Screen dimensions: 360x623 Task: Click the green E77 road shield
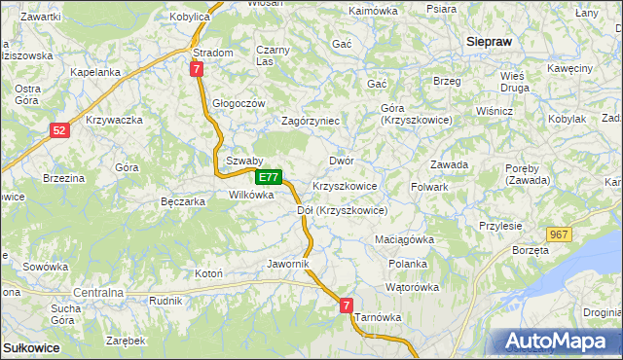click(x=270, y=178)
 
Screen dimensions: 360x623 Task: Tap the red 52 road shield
click(x=60, y=129)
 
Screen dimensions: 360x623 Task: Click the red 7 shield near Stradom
click(x=197, y=69)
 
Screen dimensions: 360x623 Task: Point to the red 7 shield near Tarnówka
click(x=348, y=306)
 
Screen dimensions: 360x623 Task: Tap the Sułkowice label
click(x=31, y=347)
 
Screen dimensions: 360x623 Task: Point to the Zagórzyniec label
click(x=310, y=121)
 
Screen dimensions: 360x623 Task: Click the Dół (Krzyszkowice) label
click(x=342, y=210)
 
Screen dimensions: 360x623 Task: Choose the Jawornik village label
click(x=287, y=264)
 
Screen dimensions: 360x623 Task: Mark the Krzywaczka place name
click(x=115, y=120)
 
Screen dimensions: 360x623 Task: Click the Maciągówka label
click(x=404, y=238)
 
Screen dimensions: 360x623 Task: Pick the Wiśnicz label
click(x=495, y=111)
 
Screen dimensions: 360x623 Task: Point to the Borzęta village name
click(x=530, y=250)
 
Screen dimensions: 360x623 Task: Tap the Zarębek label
click(x=127, y=341)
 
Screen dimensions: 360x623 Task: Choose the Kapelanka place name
click(x=95, y=72)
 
